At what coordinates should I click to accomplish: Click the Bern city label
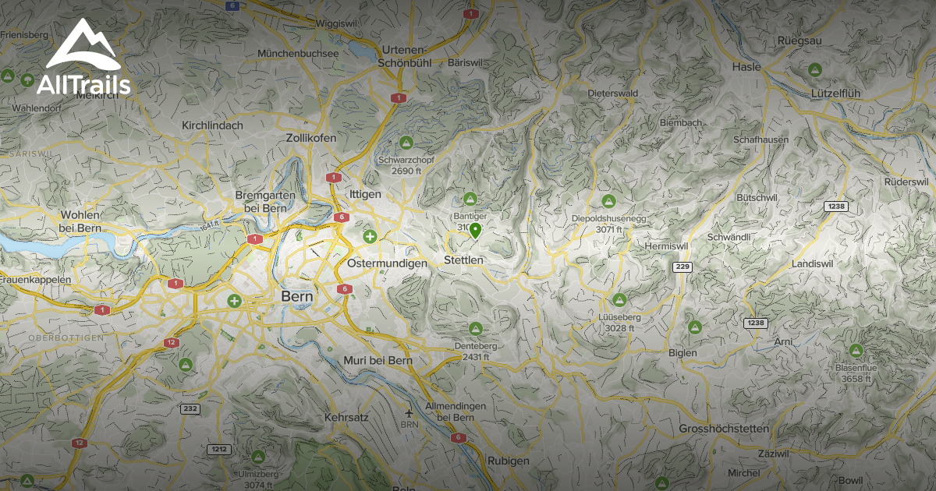click(x=296, y=297)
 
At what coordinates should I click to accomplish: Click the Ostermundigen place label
click(x=386, y=263)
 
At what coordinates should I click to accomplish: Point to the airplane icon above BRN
click(x=409, y=412)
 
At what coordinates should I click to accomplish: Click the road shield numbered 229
click(x=682, y=267)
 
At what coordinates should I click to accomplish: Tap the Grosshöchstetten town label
click(x=724, y=429)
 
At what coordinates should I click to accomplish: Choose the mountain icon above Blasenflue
click(x=855, y=351)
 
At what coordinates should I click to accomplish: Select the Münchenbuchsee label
click(x=298, y=54)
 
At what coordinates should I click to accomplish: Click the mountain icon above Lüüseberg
click(x=619, y=300)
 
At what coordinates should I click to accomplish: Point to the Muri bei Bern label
click(x=378, y=361)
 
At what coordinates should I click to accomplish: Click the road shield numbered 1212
click(x=218, y=450)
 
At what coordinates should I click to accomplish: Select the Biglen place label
click(x=683, y=352)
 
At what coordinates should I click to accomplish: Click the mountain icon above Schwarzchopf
click(x=406, y=143)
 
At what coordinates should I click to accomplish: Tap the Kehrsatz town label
click(x=345, y=419)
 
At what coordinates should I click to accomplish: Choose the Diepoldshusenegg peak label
click(x=609, y=218)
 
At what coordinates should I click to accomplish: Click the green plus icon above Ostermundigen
click(x=370, y=235)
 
